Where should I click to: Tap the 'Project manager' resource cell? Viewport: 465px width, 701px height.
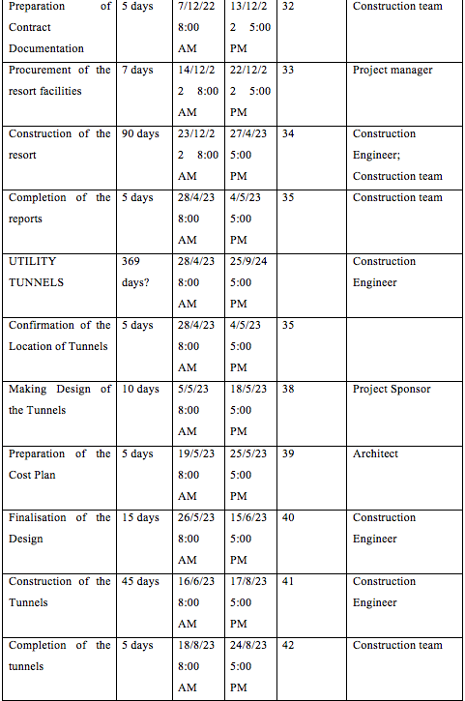(392, 70)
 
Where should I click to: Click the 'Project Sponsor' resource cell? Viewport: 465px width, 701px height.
(392, 389)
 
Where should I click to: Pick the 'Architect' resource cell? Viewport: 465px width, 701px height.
(375, 453)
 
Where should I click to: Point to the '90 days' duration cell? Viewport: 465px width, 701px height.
(140, 133)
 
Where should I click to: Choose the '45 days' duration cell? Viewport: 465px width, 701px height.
(140, 581)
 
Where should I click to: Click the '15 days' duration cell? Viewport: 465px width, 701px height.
(140, 517)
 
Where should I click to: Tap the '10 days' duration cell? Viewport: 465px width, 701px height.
(140, 389)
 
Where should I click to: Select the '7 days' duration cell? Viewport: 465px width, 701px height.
(137, 70)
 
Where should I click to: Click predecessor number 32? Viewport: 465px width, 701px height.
(288, 6)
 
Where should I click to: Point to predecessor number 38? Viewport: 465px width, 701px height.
(288, 389)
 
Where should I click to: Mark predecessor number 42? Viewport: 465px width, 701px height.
(288, 645)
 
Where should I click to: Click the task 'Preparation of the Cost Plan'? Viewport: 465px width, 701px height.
(59, 463)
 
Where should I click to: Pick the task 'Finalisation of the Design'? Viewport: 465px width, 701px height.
(59, 528)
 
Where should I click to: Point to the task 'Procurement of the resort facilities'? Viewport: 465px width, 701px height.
(59, 80)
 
